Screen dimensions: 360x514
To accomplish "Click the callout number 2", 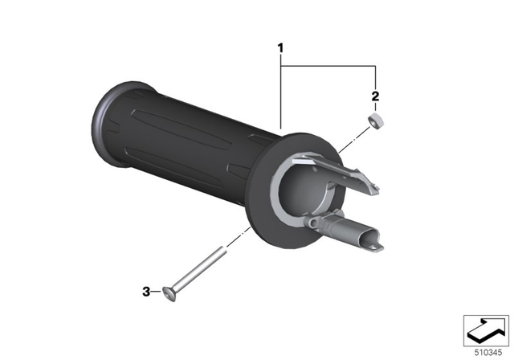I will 374,96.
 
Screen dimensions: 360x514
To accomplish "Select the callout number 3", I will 146,292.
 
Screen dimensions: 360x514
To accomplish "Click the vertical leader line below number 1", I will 281,96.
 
